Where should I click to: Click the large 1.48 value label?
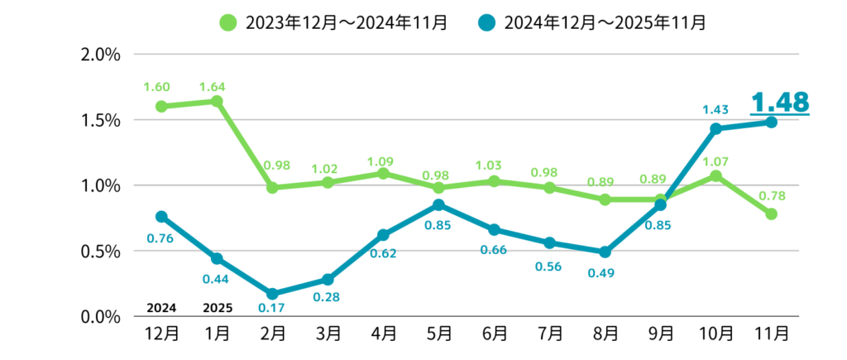[778, 102]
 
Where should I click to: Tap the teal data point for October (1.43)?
[715, 128]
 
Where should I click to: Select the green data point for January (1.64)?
[217, 101]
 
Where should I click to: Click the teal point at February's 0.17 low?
[272, 294]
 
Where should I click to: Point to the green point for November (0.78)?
[771, 214]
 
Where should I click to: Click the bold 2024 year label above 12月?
[161, 308]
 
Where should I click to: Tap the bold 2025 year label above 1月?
[217, 308]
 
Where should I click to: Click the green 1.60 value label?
[157, 87]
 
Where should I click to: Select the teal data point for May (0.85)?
[438, 204]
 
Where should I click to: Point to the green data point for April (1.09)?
[383, 173]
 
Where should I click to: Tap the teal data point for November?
[771, 122]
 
